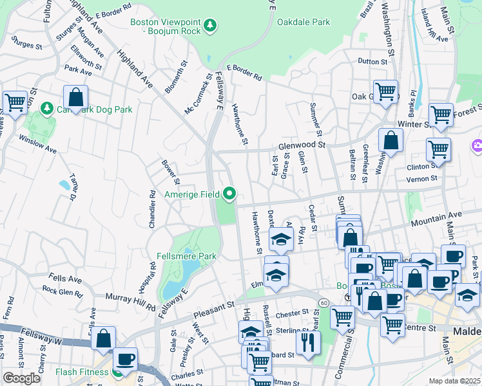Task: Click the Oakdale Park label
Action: click(304, 22)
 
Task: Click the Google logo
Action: click(21, 378)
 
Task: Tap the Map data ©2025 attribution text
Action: click(455, 381)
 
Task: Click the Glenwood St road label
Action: click(302, 146)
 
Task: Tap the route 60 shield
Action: click(323, 302)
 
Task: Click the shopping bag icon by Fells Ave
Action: click(103, 338)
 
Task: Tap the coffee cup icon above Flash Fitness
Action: click(125, 358)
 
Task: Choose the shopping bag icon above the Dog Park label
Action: click(76, 97)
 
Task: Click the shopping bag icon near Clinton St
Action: click(390, 139)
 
